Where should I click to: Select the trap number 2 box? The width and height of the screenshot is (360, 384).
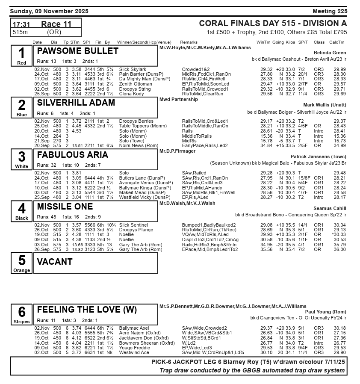coord(22,107)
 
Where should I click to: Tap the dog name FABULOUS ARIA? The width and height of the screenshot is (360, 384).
coord(73,155)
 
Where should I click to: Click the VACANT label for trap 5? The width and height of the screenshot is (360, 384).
coord(55,262)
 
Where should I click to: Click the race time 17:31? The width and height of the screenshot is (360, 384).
coord(21,25)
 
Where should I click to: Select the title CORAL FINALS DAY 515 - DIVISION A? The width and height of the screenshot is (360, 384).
coord(273,24)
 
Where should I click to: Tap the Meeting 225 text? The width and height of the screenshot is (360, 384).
coord(330,11)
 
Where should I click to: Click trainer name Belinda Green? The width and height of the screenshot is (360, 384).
coord(330,53)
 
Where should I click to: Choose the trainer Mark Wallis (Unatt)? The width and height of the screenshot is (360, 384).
coord(325,105)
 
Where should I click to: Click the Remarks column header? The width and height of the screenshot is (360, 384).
coord(189,42)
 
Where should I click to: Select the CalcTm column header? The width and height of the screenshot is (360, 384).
coord(336,42)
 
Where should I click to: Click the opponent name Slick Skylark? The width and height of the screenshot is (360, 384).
coord(133,69)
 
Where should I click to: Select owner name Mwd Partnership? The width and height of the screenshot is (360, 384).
coord(178,99)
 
